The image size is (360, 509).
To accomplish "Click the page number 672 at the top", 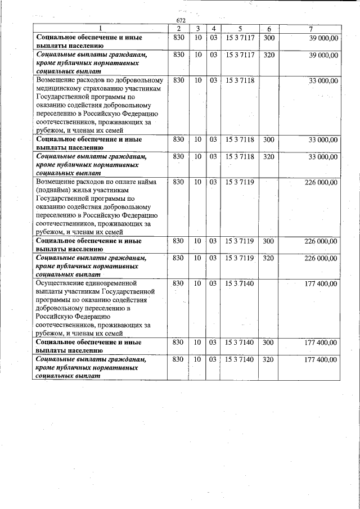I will tap(181, 20).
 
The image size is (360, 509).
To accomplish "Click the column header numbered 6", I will tap(269, 29).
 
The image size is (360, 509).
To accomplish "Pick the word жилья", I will tap(91, 191).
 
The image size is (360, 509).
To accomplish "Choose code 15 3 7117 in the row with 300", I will tap(240, 38).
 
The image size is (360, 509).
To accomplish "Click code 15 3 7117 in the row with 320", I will tap(240, 55).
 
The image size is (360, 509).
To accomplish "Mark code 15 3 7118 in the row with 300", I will tap(240, 139).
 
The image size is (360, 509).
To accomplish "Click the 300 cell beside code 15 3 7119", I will tap(269, 241).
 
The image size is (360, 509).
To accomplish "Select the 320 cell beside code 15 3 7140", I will tap(269, 359).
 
